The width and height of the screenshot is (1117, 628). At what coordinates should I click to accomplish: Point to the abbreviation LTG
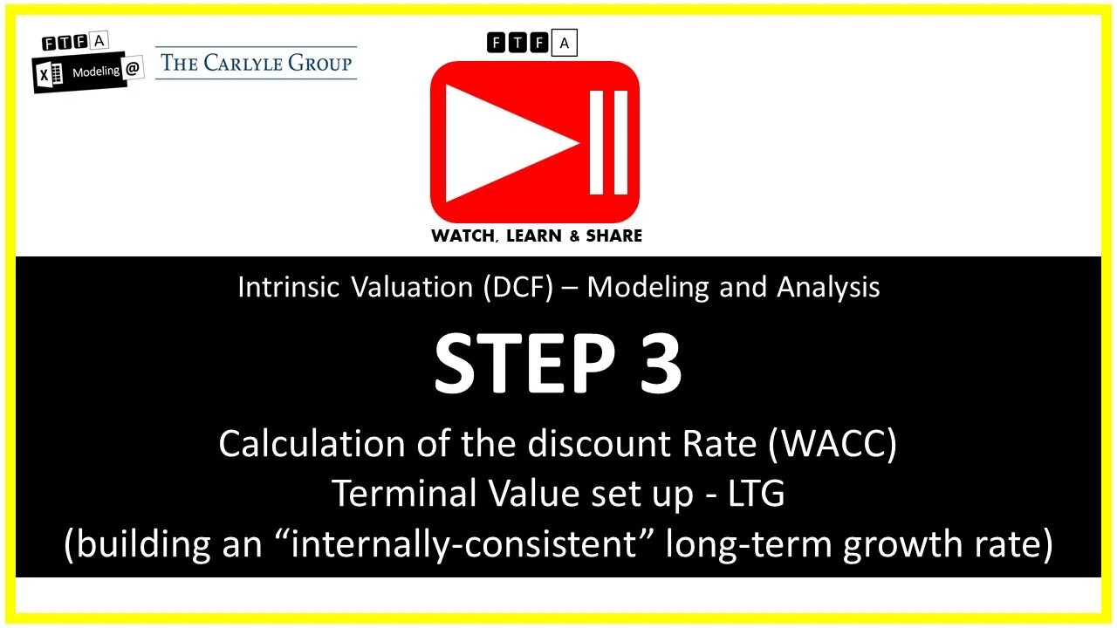(755, 495)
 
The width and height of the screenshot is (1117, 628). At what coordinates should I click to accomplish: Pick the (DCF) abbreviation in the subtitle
(521, 288)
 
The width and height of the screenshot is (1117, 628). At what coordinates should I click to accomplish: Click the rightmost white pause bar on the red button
(620, 142)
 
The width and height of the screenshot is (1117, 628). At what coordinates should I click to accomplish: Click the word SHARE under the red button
(613, 235)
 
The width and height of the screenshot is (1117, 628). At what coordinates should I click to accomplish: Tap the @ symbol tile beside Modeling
(133, 70)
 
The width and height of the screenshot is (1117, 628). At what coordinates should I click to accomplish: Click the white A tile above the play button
(564, 43)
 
